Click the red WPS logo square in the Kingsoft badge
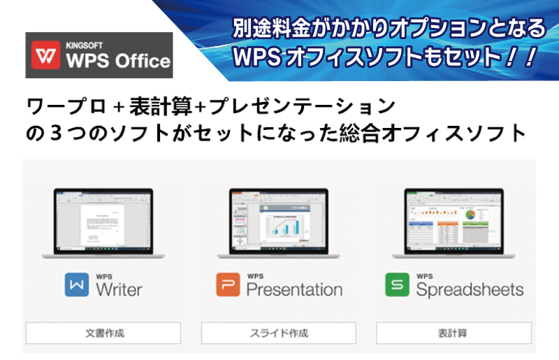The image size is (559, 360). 47,55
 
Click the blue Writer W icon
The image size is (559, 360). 76,285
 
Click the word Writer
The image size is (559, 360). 119,288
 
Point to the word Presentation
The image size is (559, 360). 294,288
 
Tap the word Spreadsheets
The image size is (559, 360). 469,288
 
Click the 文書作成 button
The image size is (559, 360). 104,333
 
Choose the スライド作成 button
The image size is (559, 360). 279,333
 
